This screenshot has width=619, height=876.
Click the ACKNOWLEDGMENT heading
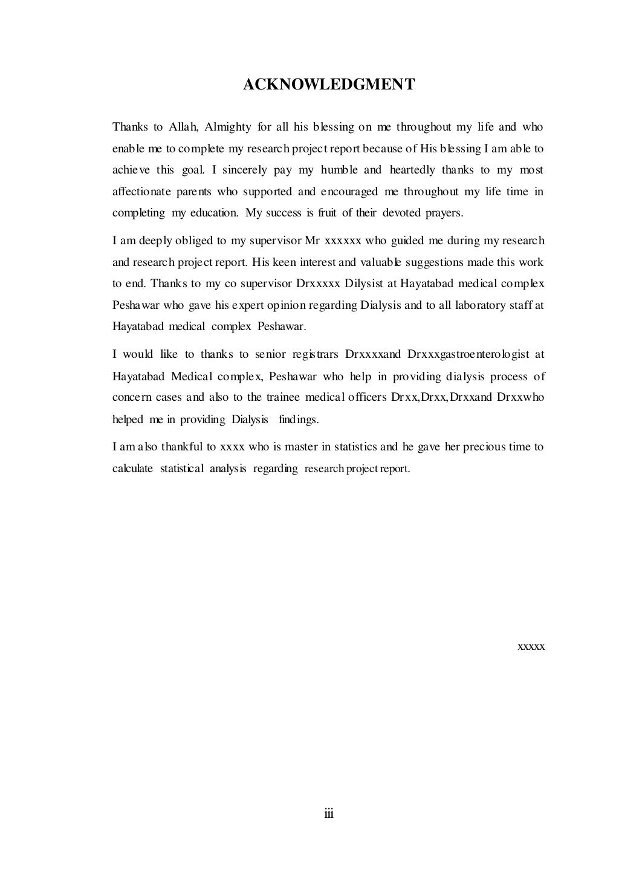click(329, 85)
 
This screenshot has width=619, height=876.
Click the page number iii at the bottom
click(329, 814)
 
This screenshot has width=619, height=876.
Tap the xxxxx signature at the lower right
click(532, 646)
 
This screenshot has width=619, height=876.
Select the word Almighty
click(228, 127)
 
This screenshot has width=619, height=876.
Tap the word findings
click(298, 419)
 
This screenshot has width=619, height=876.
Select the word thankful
click(180, 447)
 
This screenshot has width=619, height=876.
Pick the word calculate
click(132, 469)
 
